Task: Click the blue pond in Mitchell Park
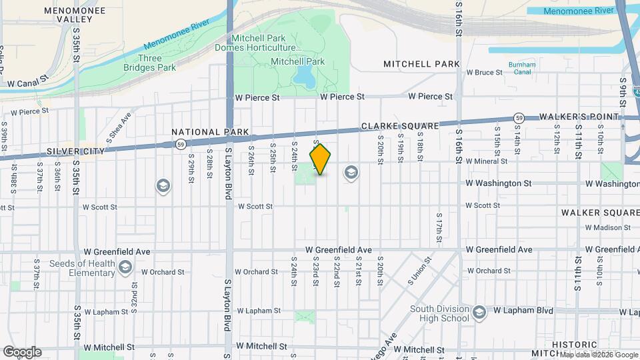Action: (x=305, y=76)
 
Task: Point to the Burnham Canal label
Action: (x=521, y=68)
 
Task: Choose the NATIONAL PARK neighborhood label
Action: (x=210, y=132)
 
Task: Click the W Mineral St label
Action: (x=487, y=161)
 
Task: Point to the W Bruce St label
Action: (x=485, y=72)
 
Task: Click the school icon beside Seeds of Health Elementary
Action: (x=125, y=268)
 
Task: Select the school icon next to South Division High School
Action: (x=478, y=313)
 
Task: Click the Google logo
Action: (x=23, y=352)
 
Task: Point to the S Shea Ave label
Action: (x=121, y=124)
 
